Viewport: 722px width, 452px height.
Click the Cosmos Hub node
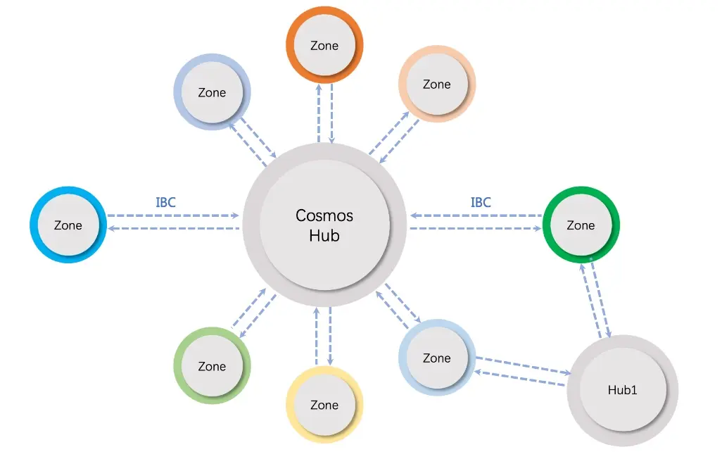[x=324, y=225]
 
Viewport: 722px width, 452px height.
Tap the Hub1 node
[x=622, y=390]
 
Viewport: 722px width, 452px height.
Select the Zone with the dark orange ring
[x=324, y=46]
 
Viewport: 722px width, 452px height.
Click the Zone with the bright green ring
[x=581, y=225]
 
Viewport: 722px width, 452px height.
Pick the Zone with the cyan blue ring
[x=68, y=225]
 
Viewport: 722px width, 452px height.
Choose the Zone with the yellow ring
[x=324, y=405]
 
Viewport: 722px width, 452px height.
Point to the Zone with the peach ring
[x=436, y=84]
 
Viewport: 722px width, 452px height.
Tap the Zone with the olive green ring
[x=212, y=366]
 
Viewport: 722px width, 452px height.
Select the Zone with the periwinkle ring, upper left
[x=212, y=92]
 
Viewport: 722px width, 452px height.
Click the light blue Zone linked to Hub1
[x=436, y=358]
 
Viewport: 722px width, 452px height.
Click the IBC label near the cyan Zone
[x=165, y=203]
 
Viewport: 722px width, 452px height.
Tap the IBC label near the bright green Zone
[x=481, y=203]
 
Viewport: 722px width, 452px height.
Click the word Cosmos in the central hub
[x=324, y=215]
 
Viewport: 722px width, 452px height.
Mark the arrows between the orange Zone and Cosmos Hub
[x=325, y=113]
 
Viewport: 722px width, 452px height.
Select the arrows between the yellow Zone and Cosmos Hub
[x=324, y=336]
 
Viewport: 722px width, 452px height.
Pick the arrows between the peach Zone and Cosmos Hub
[x=394, y=137]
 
